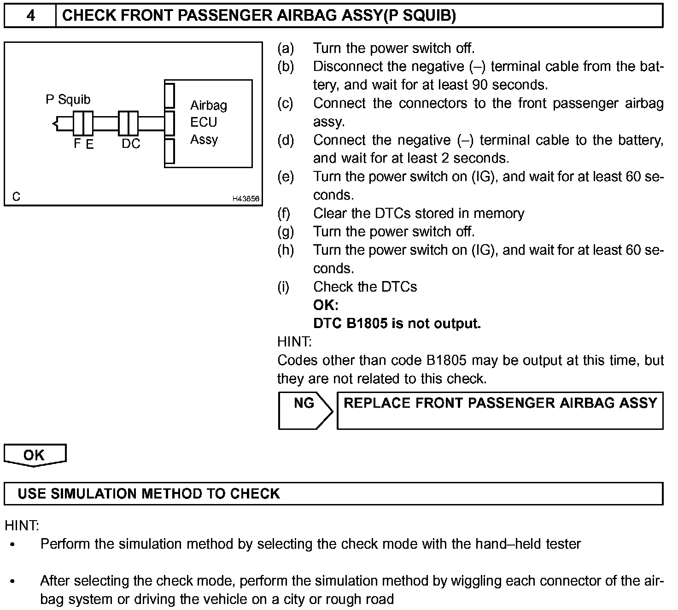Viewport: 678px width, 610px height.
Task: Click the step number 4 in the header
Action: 30,16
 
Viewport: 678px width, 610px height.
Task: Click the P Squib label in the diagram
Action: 68,100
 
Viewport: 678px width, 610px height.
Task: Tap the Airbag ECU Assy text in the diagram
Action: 208,122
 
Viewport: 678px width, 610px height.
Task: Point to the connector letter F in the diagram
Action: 77,144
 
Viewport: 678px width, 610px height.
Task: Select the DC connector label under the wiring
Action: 131,144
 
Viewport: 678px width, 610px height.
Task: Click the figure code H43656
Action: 245,199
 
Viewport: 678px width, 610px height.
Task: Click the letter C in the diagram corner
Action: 17,197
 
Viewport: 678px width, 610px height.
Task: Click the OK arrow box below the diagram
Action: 35,455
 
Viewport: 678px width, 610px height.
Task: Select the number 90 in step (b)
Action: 480,85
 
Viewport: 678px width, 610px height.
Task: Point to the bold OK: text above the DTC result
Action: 326,305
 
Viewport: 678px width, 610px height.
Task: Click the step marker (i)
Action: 283,287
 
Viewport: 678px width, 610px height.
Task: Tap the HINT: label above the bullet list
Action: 22,525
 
